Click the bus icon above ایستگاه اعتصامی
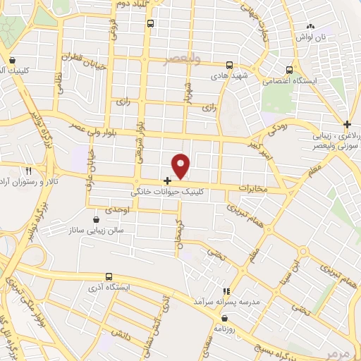pos(290,70)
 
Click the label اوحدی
pos(117,211)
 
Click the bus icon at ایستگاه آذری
pos(109,276)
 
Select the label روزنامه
pos(235,326)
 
